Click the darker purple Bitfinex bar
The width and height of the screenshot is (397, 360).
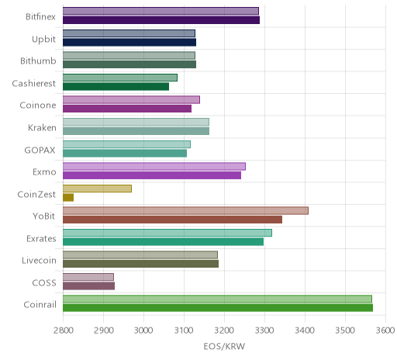tap(161, 20)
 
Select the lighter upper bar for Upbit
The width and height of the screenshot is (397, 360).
tap(129, 33)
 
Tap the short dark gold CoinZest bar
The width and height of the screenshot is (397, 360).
tap(68, 198)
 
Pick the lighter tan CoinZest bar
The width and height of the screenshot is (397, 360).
tap(97, 189)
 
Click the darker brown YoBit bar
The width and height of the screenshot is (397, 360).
tap(172, 220)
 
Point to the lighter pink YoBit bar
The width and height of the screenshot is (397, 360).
tap(185, 211)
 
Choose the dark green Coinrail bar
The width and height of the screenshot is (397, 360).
tap(218, 308)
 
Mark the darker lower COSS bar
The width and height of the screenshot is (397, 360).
tap(88, 286)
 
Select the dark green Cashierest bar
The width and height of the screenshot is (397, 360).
tap(116, 87)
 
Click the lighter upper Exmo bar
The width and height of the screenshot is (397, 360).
tap(154, 166)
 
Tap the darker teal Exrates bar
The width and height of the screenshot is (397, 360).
tap(163, 242)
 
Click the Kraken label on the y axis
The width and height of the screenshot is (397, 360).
tap(42, 128)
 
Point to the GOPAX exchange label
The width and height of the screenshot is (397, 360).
tap(40, 151)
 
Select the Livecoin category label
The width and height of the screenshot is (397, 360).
tap(39, 261)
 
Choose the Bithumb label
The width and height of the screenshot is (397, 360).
tap(38, 61)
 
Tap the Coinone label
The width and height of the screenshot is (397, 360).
tap(38, 106)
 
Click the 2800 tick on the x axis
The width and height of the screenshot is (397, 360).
tap(64, 331)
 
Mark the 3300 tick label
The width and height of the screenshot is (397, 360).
tap(264, 331)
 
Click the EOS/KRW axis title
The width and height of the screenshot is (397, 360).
tap(224, 346)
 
